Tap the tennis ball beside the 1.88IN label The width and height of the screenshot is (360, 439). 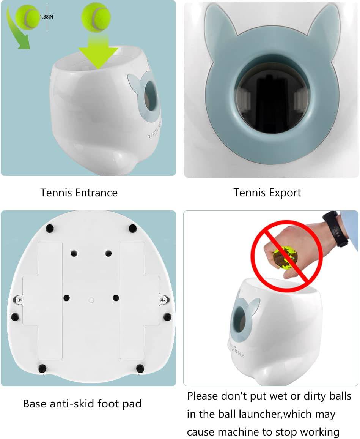(x=27, y=17)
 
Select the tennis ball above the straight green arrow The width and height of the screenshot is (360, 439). (x=96, y=17)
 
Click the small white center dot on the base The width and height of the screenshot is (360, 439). (x=91, y=299)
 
